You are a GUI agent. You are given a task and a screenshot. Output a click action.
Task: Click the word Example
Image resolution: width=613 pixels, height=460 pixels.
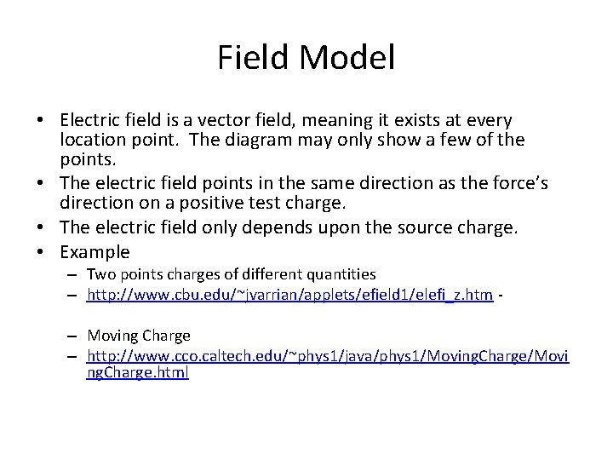click(95, 252)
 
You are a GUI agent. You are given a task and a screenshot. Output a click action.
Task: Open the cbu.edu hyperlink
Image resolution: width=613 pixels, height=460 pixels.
click(289, 295)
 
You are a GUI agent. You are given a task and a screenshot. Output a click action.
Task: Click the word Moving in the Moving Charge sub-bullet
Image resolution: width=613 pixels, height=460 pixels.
click(112, 336)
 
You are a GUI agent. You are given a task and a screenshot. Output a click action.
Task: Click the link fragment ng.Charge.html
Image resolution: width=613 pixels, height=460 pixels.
click(137, 372)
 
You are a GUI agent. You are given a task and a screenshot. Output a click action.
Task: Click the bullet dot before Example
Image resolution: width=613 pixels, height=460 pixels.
click(49, 252)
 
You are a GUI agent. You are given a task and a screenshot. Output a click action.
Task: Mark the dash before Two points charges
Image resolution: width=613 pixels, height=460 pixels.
click(75, 274)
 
